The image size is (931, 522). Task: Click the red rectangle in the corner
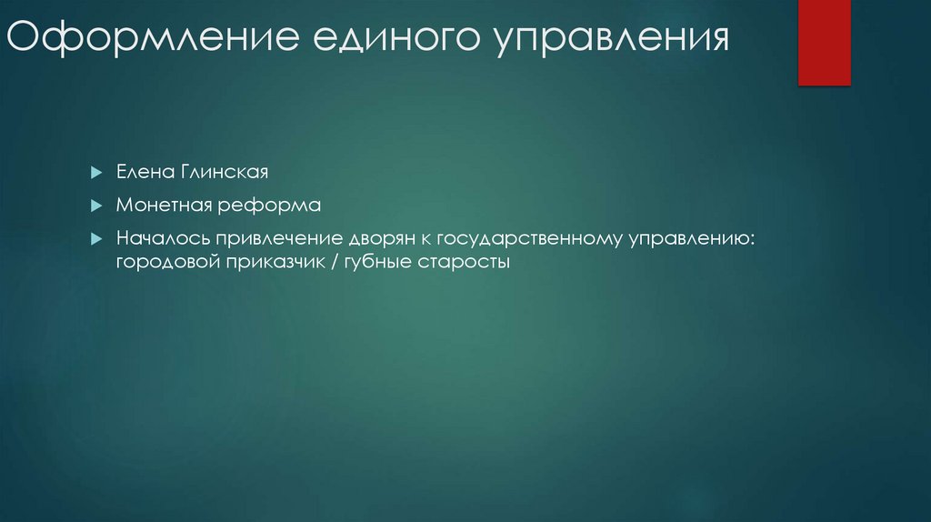824,42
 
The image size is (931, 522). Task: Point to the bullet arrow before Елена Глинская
95,171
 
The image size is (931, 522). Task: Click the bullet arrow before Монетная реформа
95,206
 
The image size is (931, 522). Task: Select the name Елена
139,171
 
